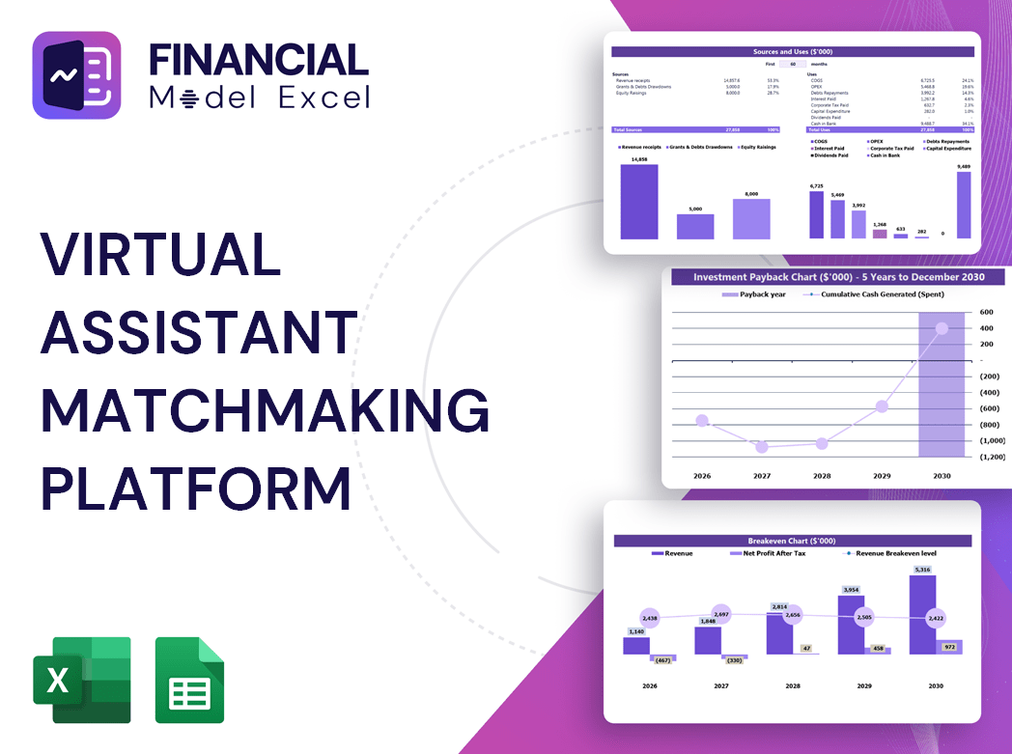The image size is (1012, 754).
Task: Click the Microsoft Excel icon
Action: click(x=82, y=680)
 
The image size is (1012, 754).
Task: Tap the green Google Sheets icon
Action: click(x=189, y=680)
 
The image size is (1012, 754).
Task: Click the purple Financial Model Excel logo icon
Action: click(x=76, y=75)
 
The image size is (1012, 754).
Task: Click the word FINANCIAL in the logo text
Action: click(x=259, y=60)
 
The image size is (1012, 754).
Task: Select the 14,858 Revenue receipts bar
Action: click(x=639, y=201)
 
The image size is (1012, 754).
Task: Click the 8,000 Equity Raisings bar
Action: click(x=751, y=218)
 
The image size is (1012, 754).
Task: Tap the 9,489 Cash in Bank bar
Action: click(x=964, y=205)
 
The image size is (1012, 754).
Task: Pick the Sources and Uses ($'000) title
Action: click(x=792, y=51)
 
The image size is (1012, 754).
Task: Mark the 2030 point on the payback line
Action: click(x=942, y=328)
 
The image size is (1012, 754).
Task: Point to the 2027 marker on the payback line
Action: click(x=762, y=447)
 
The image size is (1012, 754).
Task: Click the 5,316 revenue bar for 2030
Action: click(x=923, y=615)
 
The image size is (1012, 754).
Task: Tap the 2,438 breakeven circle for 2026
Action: click(x=649, y=618)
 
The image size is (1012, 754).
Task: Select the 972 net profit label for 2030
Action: click(x=948, y=647)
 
